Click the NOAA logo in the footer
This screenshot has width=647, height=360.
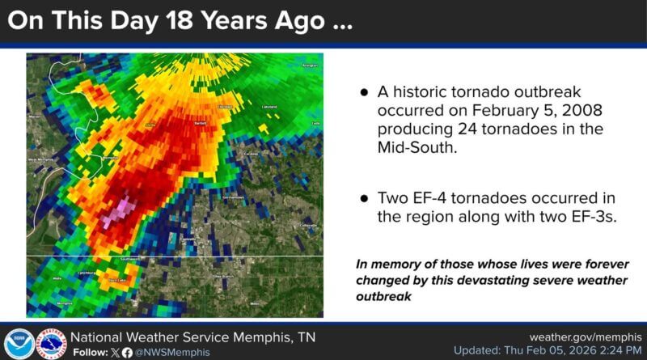click(x=19, y=343)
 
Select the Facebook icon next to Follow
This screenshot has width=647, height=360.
click(x=127, y=352)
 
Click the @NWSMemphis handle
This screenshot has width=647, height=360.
click(x=171, y=352)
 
